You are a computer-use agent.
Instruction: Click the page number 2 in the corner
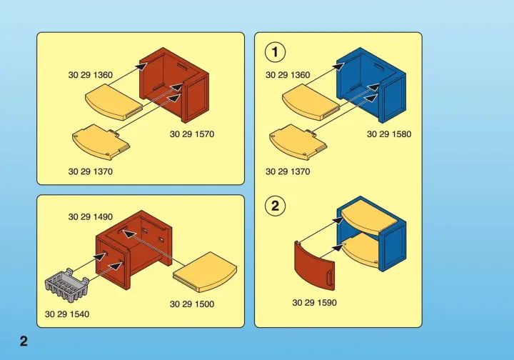tap(24, 341)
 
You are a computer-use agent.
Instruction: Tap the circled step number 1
tap(275, 52)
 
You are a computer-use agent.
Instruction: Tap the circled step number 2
tap(275, 206)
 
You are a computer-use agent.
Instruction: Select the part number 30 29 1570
tap(192, 134)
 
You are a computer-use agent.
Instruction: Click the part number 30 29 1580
tap(389, 134)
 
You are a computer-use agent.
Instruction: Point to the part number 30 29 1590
tap(314, 303)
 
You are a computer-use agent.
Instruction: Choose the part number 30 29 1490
tap(91, 216)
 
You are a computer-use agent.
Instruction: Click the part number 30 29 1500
tap(192, 304)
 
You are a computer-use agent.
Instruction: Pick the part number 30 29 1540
tap(67, 314)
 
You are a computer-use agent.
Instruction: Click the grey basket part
tap(66, 284)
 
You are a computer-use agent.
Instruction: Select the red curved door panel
tap(314, 266)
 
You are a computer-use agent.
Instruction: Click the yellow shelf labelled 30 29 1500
tap(205, 272)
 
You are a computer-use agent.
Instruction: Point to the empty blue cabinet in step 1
tap(371, 85)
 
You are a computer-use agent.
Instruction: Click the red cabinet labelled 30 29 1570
tap(174, 85)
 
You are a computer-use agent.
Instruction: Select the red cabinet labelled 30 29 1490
tap(134, 250)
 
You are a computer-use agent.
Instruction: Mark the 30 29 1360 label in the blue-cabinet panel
tap(288, 75)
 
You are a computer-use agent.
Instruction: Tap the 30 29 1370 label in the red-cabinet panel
tap(91, 171)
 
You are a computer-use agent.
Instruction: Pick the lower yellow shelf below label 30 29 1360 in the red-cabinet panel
tap(101, 141)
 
